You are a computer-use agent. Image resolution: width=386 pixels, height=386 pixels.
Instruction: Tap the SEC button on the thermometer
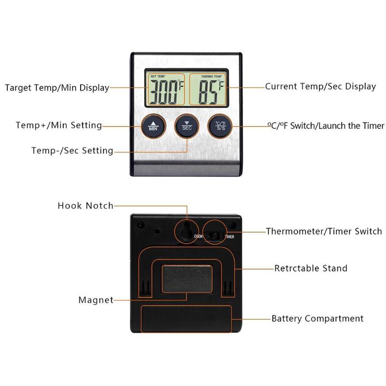[x=187, y=126]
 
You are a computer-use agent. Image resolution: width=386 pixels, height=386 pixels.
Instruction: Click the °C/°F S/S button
[x=220, y=126]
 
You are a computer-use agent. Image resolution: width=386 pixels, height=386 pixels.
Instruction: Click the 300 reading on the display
[x=164, y=92]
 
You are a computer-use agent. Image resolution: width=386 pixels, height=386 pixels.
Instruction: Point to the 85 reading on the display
[x=208, y=92]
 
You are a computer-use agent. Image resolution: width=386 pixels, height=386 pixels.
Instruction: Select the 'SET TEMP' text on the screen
[x=158, y=76]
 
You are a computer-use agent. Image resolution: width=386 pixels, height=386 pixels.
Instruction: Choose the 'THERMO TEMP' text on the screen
[x=211, y=77]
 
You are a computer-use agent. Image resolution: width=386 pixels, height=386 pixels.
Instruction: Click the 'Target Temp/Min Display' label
[x=57, y=88]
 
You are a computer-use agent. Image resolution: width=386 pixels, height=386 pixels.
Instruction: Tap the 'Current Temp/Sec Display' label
[x=320, y=87]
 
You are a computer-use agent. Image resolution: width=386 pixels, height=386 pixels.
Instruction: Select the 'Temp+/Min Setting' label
[x=59, y=125]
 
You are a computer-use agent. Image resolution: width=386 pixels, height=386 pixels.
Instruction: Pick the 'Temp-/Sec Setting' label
[x=72, y=151]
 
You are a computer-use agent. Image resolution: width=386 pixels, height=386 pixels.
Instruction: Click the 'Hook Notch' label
[x=85, y=206]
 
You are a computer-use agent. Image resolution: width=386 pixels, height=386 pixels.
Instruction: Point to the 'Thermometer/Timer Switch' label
[x=324, y=232]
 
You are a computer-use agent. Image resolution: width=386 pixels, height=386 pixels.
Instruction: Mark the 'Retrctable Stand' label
[x=311, y=268]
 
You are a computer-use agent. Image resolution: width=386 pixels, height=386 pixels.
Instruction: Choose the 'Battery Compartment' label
[x=317, y=318]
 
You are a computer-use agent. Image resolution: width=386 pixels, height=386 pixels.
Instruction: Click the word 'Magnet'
[x=96, y=300]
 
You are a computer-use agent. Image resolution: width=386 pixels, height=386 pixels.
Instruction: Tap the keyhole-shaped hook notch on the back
[x=186, y=231]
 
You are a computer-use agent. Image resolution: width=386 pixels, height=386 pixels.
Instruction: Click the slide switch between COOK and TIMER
[x=215, y=236]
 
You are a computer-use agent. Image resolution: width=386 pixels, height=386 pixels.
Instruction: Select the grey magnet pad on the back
[x=187, y=279]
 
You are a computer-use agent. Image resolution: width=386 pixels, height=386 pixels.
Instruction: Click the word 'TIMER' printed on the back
[x=230, y=236]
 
